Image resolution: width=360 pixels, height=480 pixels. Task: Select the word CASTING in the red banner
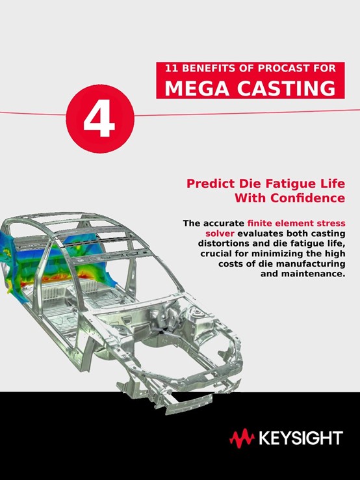[287, 88]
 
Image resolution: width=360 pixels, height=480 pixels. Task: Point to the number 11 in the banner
[172, 68]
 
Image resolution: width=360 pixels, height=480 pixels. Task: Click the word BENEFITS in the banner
[208, 68]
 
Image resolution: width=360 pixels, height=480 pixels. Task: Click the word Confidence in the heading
[307, 198]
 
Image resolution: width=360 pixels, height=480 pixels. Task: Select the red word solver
[220, 233]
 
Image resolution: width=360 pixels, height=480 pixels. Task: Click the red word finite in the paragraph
[260, 223]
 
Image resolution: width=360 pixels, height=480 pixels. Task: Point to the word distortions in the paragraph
[222, 244]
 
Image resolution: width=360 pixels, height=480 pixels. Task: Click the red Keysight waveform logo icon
[242, 438]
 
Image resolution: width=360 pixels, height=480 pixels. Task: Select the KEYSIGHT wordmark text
[301, 438]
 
